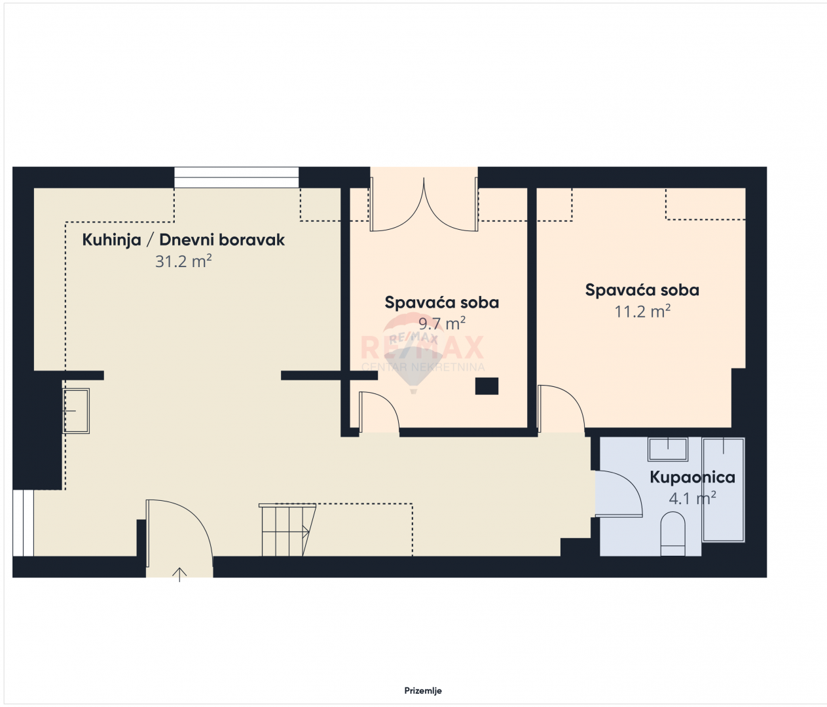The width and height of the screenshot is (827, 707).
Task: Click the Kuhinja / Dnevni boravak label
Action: click(183, 240)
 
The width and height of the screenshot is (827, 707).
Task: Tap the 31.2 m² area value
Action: click(183, 261)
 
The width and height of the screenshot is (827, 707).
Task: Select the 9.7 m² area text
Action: click(442, 323)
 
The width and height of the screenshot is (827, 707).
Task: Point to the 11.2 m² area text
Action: click(642, 311)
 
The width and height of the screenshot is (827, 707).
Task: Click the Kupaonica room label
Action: click(692, 477)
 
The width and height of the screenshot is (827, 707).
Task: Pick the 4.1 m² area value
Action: click(692, 498)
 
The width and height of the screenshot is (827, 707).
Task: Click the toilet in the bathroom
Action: click(672, 534)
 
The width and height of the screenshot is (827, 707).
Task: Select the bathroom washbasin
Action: click(668, 449)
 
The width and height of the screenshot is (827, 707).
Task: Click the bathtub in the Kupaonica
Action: click(724, 490)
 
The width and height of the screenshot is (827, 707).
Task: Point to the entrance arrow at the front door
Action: click(179, 574)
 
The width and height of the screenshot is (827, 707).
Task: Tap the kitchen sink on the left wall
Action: click(76, 411)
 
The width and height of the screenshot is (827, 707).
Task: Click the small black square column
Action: click(487, 386)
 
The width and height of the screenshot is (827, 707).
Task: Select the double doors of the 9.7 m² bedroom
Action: click(424, 204)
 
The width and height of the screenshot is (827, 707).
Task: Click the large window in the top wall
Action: click(236, 177)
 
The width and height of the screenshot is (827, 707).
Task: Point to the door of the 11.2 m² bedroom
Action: click(562, 408)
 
